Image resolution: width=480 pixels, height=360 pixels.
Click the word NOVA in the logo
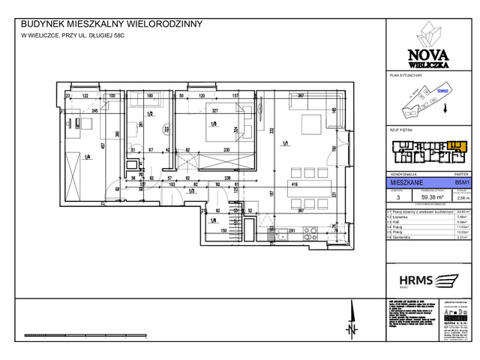click(x=424, y=54)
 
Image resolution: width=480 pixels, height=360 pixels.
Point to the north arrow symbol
click(x=350, y=328)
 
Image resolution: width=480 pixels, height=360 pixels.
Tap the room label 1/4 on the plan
click(x=88, y=156)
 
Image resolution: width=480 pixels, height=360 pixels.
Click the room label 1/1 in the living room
click(x=286, y=143)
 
